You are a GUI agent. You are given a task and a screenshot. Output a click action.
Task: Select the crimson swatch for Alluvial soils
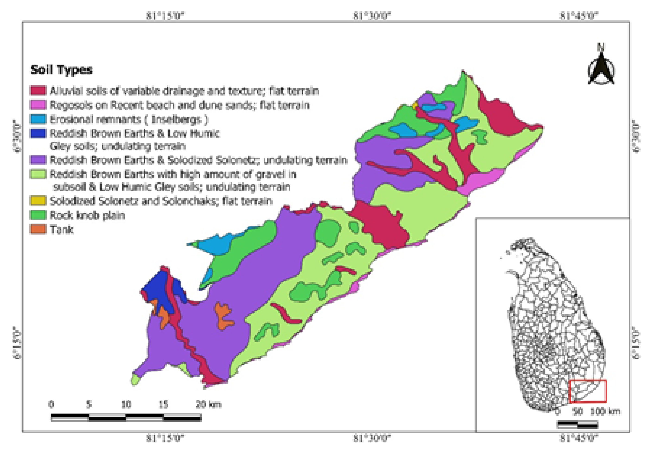coord(38,91)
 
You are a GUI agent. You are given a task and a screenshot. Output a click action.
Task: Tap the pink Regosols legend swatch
coord(38,105)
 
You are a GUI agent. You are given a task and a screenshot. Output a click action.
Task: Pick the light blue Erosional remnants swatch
coord(38,119)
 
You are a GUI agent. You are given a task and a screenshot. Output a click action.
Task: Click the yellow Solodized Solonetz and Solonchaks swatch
coord(38,201)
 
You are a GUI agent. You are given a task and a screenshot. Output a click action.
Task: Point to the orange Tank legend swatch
coord(38,229)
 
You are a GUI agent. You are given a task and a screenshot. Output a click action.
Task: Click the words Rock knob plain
coord(87,215)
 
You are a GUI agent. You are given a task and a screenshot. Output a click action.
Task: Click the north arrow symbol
coord(601,68)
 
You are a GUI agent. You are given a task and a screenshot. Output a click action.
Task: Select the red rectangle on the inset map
coord(588,391)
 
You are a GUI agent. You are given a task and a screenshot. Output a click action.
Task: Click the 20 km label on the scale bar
coord(208,404)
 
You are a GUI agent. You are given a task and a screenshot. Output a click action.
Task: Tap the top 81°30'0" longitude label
coord(372,16)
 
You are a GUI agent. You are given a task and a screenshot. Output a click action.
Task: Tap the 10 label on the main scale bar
coord(126,404)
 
